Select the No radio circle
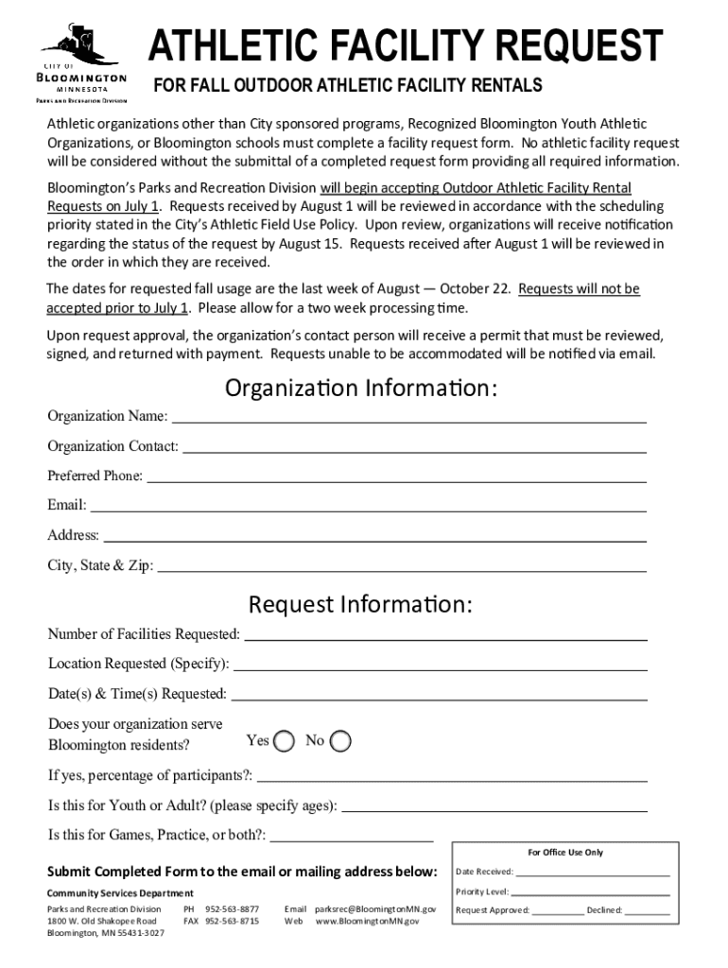coord(341,741)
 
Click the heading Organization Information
coord(361,389)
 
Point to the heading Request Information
coord(360,604)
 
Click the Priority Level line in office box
coord(591,893)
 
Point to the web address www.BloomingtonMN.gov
coord(367,921)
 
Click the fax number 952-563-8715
coord(232,921)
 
